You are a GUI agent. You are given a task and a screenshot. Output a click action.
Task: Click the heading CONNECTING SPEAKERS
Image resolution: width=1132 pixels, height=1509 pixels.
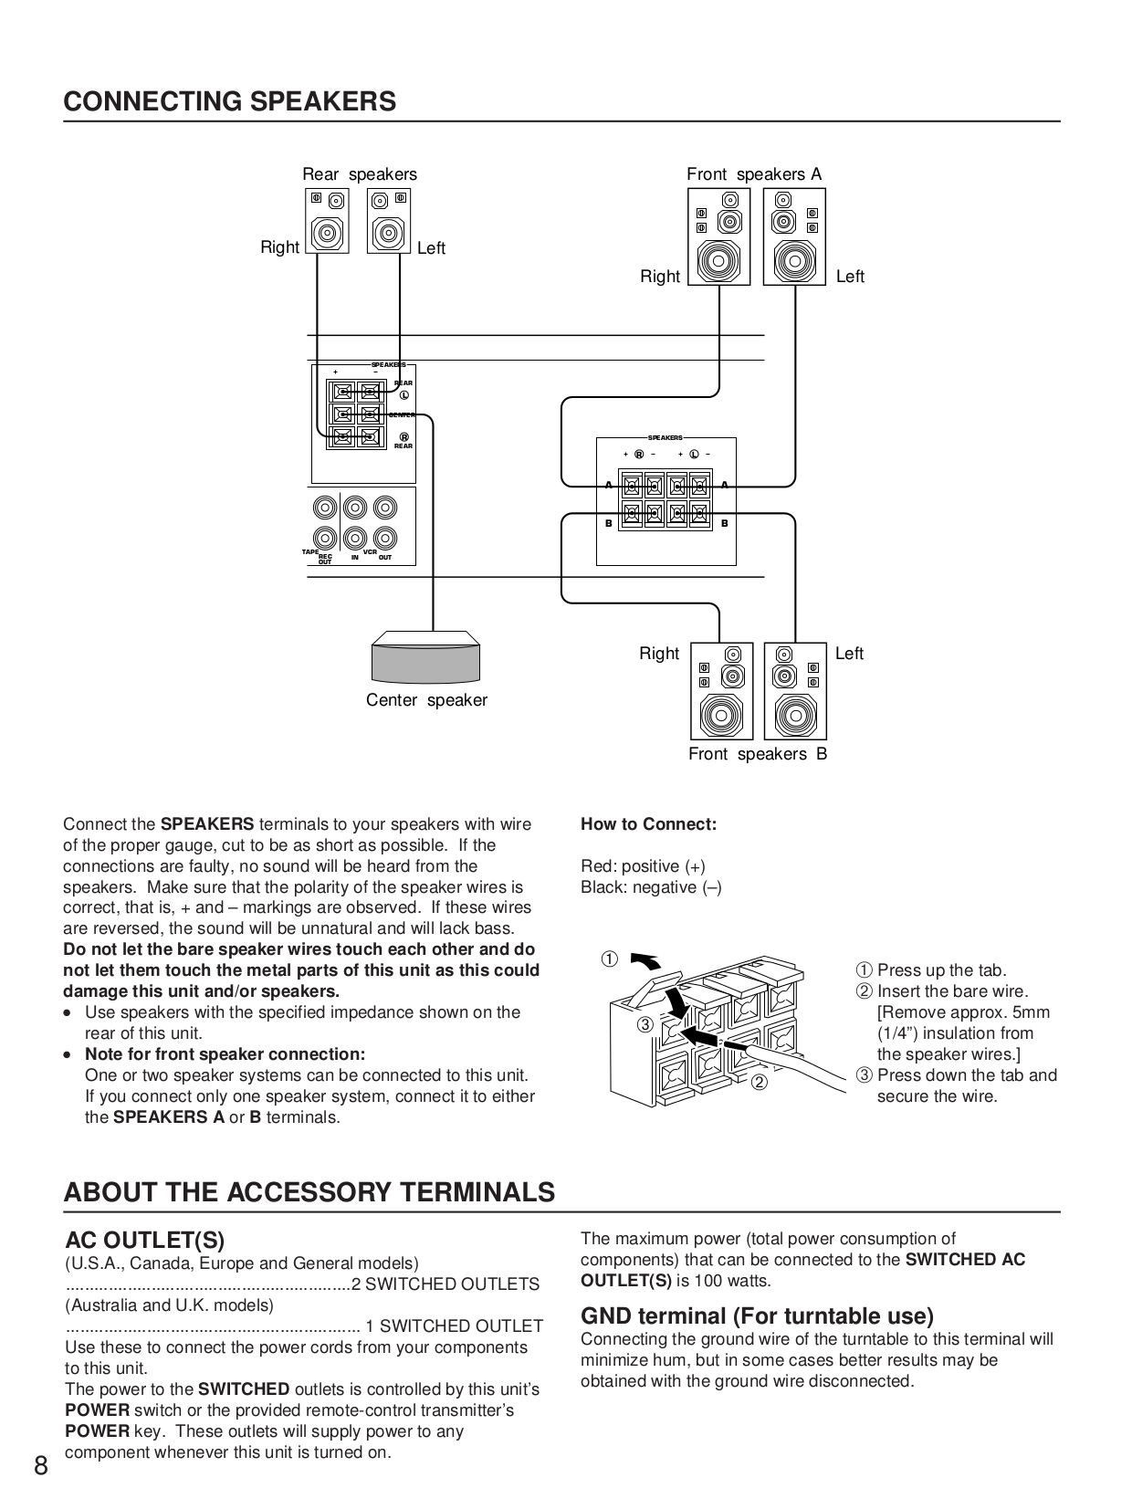coord(229,101)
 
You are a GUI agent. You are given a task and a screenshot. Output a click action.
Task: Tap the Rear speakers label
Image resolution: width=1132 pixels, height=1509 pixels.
coord(359,174)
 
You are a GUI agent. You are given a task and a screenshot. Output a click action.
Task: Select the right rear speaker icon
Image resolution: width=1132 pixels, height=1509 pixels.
coord(327,221)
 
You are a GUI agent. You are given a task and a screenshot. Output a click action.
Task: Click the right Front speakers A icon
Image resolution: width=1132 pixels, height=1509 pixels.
coord(718,237)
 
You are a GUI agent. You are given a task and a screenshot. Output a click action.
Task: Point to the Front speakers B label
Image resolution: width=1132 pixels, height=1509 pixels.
coord(757,754)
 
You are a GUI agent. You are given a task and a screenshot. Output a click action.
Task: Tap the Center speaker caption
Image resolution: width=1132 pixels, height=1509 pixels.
coord(426,700)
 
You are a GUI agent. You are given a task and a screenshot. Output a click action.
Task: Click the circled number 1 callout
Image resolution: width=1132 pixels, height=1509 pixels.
coord(609,959)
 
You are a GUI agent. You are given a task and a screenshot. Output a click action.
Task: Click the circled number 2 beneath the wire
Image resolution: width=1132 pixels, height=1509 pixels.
coord(759,1083)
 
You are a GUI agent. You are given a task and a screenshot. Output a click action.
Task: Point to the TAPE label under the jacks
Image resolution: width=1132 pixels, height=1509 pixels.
coord(309,552)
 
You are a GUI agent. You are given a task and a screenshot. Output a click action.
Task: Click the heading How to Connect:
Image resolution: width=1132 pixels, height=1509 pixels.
coord(648,824)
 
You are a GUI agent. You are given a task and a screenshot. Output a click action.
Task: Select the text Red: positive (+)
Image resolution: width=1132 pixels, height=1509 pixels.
coord(643,866)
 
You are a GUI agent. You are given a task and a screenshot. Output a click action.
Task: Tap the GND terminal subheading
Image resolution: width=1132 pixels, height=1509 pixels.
coord(757,1315)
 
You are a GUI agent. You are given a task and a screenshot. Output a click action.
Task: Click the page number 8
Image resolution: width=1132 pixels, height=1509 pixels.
coord(41,1466)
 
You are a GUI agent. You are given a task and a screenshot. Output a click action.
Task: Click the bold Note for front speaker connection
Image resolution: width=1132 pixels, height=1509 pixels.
coord(225,1054)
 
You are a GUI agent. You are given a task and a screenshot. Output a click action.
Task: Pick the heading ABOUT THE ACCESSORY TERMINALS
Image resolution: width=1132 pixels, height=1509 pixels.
coord(309,1192)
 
